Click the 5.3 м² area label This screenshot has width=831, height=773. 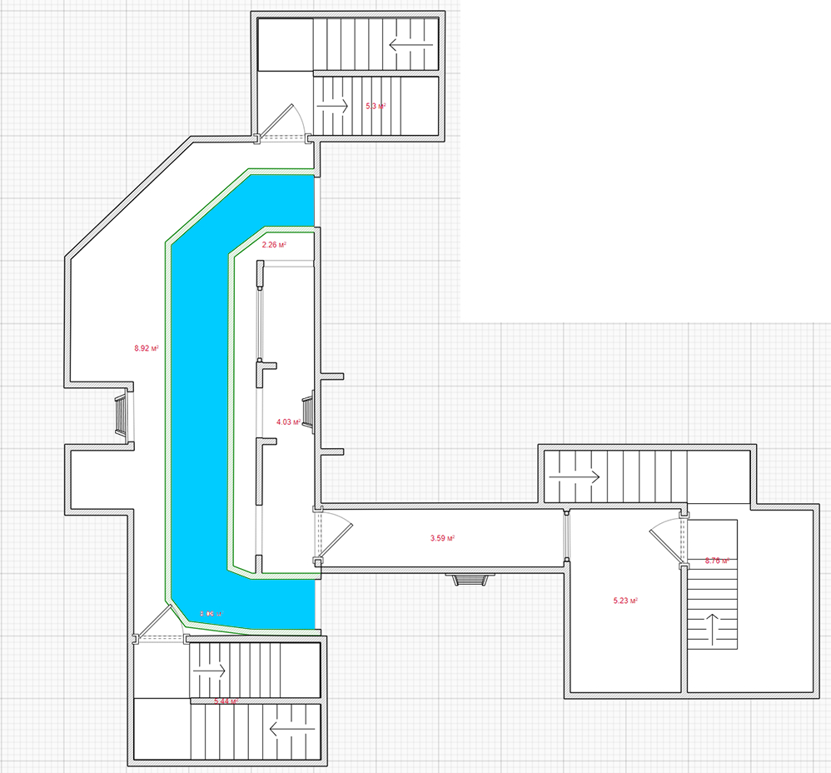click(x=376, y=106)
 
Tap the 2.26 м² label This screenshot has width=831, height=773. click(x=274, y=245)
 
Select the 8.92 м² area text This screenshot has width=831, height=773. click(x=147, y=348)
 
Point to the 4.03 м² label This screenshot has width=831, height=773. click(x=288, y=422)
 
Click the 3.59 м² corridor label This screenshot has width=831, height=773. click(x=442, y=538)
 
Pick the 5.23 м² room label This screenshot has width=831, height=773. click(x=625, y=600)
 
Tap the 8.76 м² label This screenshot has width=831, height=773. click(x=717, y=561)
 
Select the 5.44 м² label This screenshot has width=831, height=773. click(x=226, y=702)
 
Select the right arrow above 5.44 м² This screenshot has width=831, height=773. click(x=211, y=669)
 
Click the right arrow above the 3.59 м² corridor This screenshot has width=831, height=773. click(x=585, y=476)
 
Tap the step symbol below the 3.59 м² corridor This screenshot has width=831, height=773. click(x=469, y=580)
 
